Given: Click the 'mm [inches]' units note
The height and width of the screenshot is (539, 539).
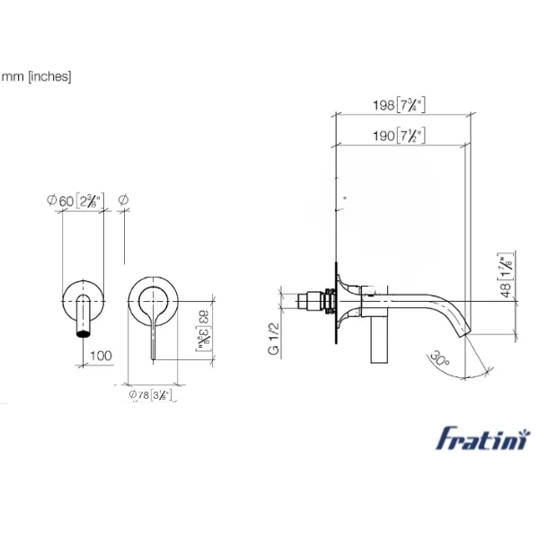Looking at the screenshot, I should point(36,76).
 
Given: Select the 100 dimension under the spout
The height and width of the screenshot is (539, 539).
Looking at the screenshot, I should point(101,356).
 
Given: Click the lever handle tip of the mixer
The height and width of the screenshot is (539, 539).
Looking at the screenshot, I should point(155,358).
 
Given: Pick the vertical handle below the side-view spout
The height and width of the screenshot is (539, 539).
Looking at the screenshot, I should point(378,340).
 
